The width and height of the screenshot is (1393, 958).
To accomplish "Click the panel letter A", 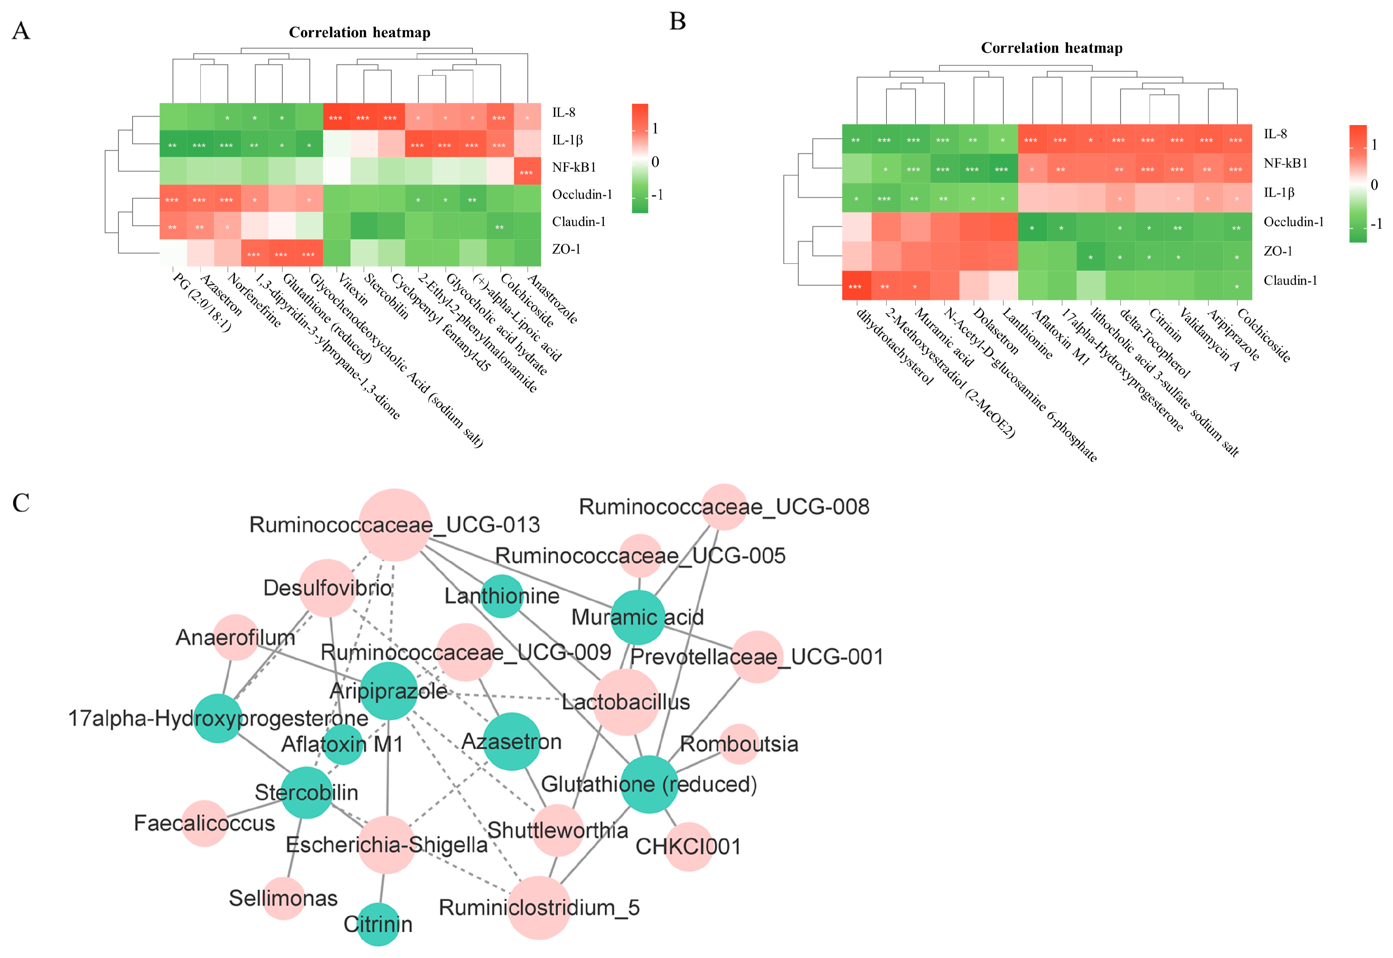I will pyautogui.click(x=21, y=31).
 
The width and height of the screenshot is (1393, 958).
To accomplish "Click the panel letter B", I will pyautogui.click(x=677, y=22).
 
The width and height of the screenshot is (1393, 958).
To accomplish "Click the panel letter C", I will pyautogui.click(x=21, y=503).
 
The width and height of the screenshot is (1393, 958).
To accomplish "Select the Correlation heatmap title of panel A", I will pyautogui.click(x=359, y=33).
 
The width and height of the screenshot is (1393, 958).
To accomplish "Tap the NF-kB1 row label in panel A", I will pyautogui.click(x=574, y=167).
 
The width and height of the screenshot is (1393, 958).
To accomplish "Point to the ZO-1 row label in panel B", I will pyautogui.click(x=1278, y=251).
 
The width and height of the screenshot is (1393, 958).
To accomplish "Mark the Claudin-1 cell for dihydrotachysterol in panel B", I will pyautogui.click(x=855, y=286).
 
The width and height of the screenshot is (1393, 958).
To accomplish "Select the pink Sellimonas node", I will pyautogui.click(x=283, y=898).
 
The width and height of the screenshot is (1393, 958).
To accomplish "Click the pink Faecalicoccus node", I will pyautogui.click(x=205, y=823).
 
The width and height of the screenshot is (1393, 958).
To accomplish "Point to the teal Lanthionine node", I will pyautogui.click(x=502, y=596).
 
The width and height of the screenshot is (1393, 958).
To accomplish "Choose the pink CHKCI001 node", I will pyautogui.click(x=689, y=846).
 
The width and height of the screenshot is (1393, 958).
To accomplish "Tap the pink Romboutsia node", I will pyautogui.click(x=739, y=744).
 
